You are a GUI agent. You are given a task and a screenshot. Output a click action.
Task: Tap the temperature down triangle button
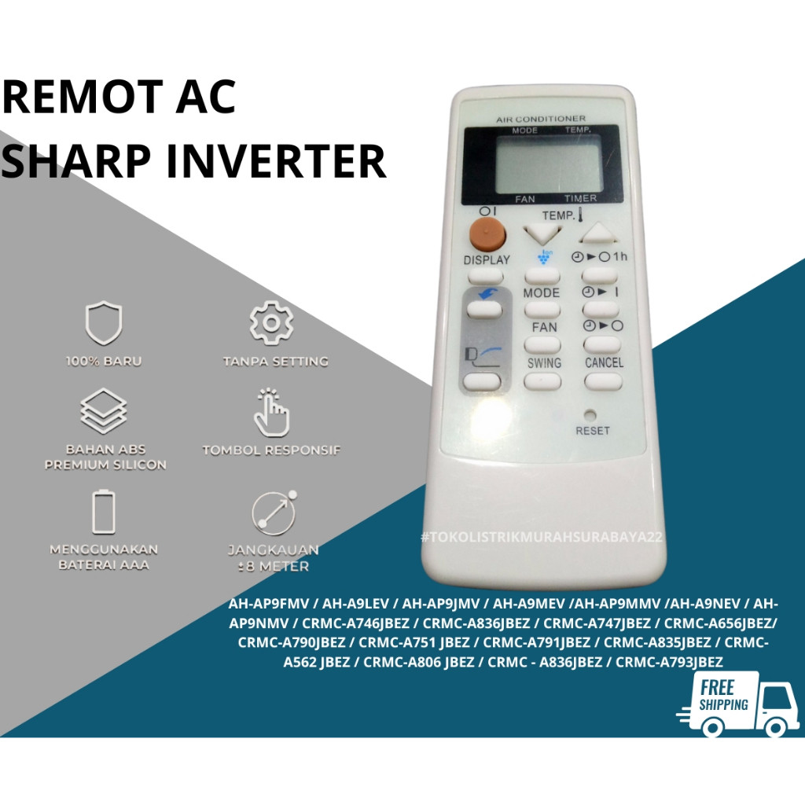(543, 233)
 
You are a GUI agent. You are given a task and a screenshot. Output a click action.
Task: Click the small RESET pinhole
(590, 414)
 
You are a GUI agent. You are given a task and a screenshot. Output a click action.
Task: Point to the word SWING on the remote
(544, 362)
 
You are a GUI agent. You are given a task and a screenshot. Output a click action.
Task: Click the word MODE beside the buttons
(541, 292)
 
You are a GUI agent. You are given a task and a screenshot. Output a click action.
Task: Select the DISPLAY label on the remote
(487, 259)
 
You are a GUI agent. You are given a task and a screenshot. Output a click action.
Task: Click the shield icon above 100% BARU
(103, 324)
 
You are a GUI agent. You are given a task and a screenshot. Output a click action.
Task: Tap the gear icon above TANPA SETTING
(272, 322)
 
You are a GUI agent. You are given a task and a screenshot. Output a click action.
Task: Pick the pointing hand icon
(271, 411)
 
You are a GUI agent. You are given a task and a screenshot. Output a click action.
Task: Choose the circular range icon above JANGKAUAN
(274, 513)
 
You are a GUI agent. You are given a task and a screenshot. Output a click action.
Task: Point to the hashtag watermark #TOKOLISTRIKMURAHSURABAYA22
(542, 537)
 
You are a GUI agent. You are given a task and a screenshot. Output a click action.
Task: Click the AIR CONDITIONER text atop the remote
(541, 119)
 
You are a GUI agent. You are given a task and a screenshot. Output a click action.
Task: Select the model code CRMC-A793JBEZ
(669, 662)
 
